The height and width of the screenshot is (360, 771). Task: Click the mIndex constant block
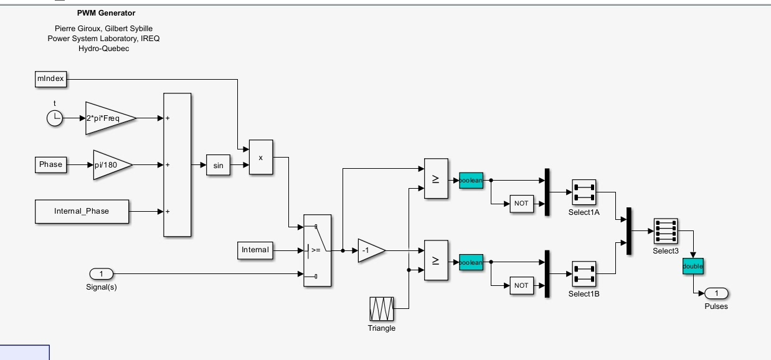(50, 79)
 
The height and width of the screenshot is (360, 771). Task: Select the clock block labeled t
(55, 118)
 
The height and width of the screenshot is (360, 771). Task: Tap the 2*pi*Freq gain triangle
(107, 118)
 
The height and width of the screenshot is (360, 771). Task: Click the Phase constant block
(51, 165)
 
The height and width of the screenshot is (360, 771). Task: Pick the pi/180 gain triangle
(110, 165)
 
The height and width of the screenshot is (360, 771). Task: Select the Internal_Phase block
(82, 211)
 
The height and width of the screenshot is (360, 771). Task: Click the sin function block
(218, 165)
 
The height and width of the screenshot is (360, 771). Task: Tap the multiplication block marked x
(261, 157)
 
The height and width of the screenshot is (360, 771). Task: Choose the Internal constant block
(255, 250)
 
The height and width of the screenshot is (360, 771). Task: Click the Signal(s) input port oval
(102, 274)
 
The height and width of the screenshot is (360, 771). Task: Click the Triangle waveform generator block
(382, 309)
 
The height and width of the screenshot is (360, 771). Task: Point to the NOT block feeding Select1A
(522, 204)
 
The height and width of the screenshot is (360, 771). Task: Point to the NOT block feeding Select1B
(522, 285)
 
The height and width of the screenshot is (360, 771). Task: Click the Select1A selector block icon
(584, 192)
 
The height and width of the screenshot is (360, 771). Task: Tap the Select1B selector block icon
(584, 274)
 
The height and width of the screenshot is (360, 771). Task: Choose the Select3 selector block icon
(666, 230)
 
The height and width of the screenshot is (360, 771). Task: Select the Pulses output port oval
(716, 293)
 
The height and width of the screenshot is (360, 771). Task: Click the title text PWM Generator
(106, 13)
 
